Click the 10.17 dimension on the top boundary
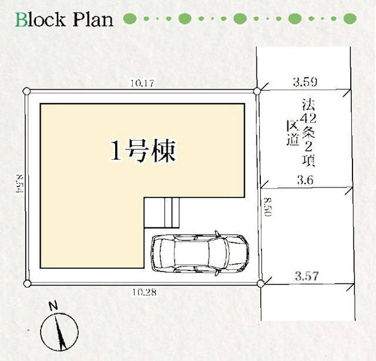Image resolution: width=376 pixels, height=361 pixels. click(142, 83)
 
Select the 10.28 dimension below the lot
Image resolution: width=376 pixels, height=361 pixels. click(145, 292)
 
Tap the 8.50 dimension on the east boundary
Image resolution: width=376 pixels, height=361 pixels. click(268, 207)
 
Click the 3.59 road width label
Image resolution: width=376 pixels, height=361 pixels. click(305, 82)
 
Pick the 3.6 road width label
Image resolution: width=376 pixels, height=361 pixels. click(305, 179)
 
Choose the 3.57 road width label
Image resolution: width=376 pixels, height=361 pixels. click(307, 276)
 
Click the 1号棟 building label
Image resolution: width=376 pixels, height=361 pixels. click(143, 151)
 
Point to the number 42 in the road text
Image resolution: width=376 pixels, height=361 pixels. click(308, 118)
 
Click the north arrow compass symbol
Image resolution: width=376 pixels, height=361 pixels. click(59, 332)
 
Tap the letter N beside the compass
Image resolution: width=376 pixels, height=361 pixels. click(53, 306)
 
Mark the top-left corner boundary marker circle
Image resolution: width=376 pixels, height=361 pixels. click(26, 91)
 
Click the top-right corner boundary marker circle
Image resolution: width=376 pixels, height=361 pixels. click(257, 91)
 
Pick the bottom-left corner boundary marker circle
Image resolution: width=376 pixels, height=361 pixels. click(28, 283)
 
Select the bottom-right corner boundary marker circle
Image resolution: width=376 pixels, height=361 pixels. click(261, 283)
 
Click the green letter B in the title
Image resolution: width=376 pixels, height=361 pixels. click(22, 19)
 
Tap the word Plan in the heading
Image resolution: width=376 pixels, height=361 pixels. click(93, 19)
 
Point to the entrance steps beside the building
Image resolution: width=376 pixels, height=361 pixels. click(162, 212)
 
